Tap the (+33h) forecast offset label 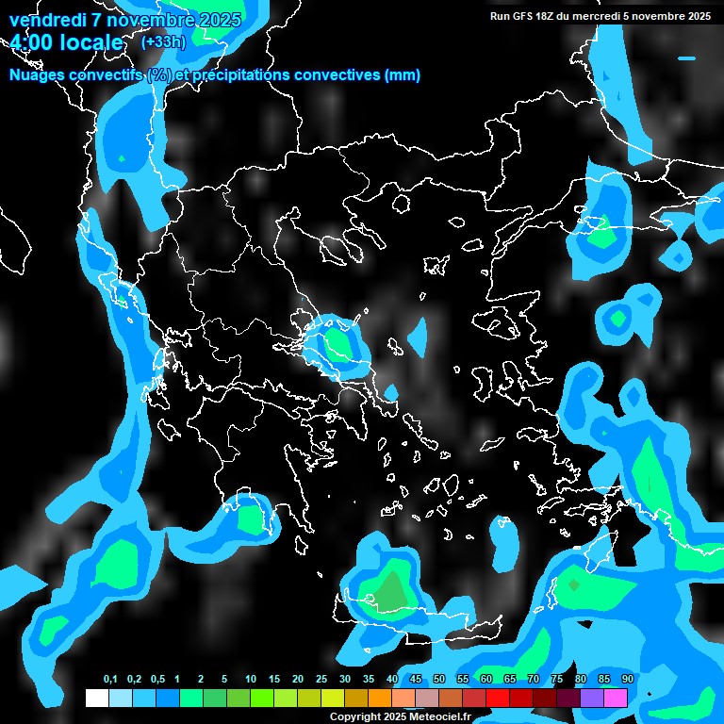[x=163, y=41]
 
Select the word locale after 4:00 [x=90, y=42]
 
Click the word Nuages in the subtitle [x=39, y=75]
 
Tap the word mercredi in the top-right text [x=607, y=16]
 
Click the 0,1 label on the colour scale [x=110, y=680]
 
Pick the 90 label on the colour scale [x=628, y=680]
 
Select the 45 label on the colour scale [x=416, y=680]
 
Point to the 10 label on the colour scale [x=251, y=680]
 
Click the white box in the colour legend [x=96, y=698]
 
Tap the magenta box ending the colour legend [x=616, y=698]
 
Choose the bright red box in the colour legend [x=498, y=698]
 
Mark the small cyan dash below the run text [x=686, y=58]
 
